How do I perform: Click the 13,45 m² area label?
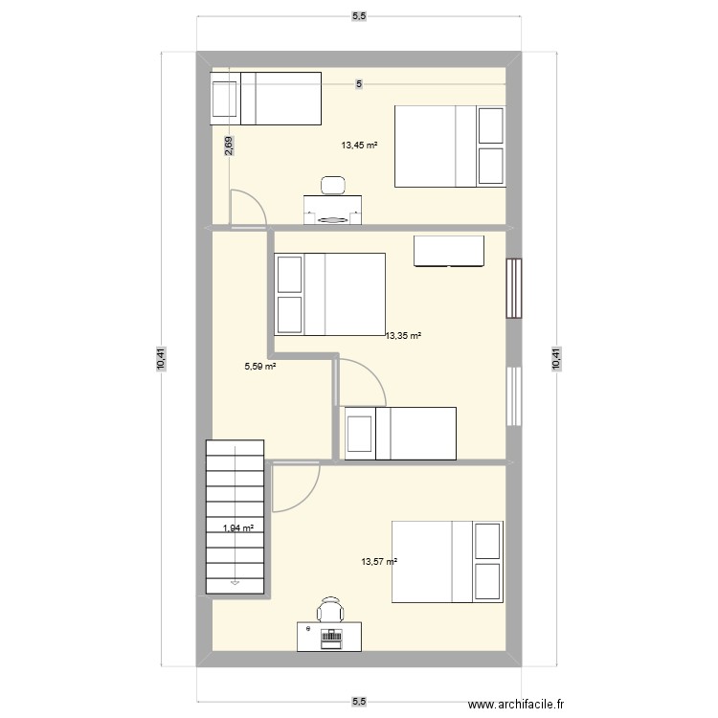pos(359,146)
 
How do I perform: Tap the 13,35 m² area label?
pos(404,336)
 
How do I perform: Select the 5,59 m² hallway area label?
pos(260,366)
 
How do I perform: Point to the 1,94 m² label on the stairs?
pos(238,527)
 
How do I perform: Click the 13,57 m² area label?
pos(379,563)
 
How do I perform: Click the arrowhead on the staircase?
pos(235,579)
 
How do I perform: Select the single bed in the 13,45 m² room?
pos(266,98)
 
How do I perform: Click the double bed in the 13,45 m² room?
pos(450,146)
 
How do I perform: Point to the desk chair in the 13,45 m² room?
pos(333,185)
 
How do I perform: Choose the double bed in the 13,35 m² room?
pos(329,294)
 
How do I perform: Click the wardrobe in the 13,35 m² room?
pos(449,251)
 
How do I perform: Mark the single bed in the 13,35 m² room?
pos(400,433)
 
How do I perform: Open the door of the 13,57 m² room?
pos(294,487)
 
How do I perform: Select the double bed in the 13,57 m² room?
pos(447,562)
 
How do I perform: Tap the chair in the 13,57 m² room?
pos(330,608)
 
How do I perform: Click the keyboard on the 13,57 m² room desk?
pos(331,636)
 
